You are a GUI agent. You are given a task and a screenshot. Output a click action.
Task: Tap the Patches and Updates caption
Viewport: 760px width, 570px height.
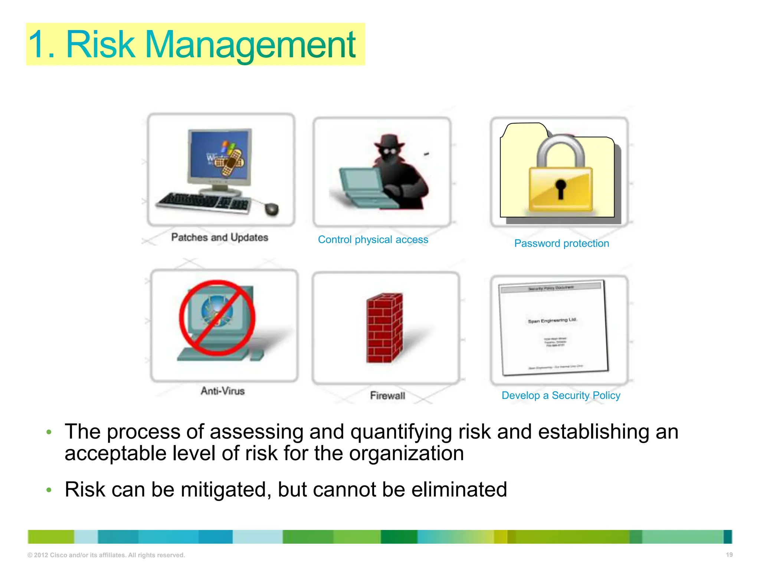[x=219, y=237]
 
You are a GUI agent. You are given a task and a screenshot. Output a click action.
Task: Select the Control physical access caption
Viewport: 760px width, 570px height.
[x=373, y=240]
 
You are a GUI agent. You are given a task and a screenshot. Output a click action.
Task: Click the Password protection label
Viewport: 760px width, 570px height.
[x=561, y=243]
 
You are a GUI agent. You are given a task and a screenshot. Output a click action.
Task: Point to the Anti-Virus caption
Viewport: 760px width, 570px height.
[x=223, y=391]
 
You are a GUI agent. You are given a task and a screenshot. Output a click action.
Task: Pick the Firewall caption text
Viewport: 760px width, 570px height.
[x=387, y=396]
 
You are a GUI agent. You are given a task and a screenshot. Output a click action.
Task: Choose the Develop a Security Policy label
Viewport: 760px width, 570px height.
[x=561, y=396]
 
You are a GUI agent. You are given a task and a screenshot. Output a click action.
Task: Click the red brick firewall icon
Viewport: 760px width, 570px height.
[x=384, y=328]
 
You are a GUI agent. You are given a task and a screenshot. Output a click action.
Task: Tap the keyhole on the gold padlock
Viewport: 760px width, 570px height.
[x=560, y=188]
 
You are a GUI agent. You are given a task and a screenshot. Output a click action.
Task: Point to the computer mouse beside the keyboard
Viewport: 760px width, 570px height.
[x=272, y=209]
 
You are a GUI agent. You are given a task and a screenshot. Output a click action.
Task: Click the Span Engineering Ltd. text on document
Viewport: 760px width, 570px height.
[x=552, y=320]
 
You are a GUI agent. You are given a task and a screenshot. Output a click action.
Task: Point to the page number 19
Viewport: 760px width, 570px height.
[x=729, y=555]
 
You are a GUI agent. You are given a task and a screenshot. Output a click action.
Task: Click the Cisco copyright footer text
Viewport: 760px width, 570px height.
[x=106, y=555]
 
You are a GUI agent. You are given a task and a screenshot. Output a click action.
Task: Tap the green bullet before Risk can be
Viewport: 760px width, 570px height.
[x=49, y=490]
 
